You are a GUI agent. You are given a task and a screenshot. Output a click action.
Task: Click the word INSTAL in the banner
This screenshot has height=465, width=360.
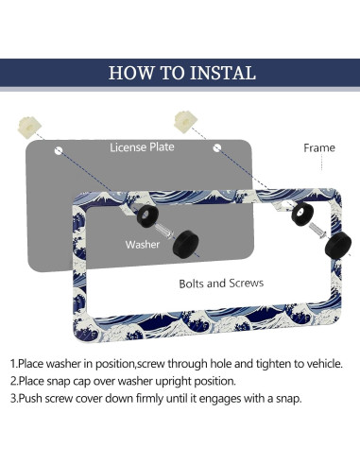pyautogui.click(x=223, y=73)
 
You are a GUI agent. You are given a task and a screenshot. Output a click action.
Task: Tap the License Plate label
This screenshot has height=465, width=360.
pyautogui.click(x=142, y=147)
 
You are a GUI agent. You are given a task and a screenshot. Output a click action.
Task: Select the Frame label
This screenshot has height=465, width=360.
pyautogui.click(x=319, y=147)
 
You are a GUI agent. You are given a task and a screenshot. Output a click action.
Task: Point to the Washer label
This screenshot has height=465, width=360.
pyautogui.click(x=143, y=245)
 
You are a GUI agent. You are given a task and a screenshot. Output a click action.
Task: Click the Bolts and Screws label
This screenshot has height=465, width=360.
pyautogui.click(x=221, y=284)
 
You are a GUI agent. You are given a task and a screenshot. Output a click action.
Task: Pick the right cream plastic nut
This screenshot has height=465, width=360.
pyautogui.click(x=185, y=122)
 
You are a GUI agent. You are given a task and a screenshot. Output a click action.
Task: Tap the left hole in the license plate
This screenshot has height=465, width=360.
pyautogui.click(x=59, y=150)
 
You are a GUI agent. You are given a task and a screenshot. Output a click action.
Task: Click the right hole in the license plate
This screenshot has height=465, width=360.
pyautogui.click(x=217, y=147)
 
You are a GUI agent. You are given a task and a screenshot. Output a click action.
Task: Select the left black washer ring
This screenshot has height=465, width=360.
pyautogui.click(x=147, y=215)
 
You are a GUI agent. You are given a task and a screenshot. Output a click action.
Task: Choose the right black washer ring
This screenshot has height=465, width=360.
pyautogui.click(x=302, y=214)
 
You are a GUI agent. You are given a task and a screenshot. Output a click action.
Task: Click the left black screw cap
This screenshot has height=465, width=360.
pyautogui.click(x=186, y=244)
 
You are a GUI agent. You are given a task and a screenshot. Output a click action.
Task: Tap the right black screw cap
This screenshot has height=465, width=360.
pyautogui.click(x=338, y=246)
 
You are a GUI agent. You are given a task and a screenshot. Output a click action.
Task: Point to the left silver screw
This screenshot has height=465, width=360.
pyautogui.click(x=165, y=231)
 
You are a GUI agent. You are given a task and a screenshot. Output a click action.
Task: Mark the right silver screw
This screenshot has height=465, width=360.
pyautogui.click(x=318, y=231)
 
